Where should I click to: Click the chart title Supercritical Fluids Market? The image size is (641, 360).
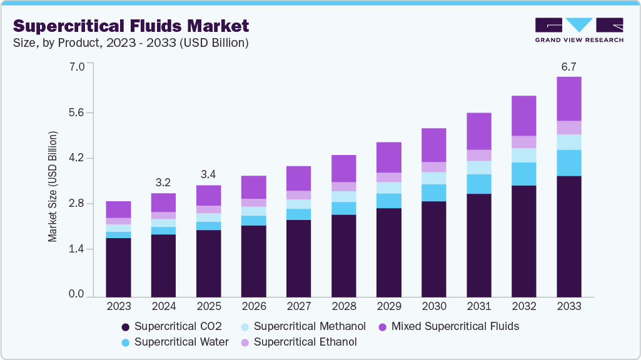131,26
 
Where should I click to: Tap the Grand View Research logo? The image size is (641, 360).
578,30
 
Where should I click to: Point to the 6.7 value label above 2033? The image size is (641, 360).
568,66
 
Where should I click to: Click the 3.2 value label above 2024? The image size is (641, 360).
163,182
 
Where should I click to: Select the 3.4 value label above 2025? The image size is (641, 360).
208,174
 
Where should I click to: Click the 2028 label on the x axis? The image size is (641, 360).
343,307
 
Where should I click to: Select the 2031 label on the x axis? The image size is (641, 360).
478,307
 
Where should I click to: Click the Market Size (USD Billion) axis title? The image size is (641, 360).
53,187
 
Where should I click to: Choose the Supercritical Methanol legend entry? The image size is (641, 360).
303,326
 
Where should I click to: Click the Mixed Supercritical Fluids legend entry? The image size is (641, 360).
448,326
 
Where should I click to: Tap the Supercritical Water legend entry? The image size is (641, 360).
174,342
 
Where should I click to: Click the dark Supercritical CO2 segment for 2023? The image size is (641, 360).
118,266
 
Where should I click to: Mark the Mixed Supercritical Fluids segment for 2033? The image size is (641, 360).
568,99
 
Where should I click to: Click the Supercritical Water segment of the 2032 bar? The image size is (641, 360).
523,174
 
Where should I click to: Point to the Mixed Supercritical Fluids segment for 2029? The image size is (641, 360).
388,157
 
